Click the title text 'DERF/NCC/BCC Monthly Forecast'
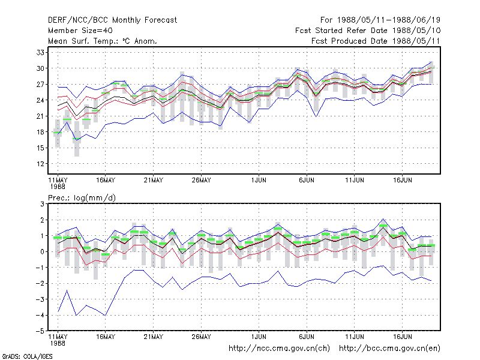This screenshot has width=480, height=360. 112,20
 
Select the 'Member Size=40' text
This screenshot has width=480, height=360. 80,31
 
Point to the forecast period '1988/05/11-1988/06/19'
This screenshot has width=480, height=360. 388,20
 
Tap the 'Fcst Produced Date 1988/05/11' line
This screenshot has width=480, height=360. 376,41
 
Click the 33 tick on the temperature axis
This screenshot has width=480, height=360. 40,53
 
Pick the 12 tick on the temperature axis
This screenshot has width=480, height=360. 40,164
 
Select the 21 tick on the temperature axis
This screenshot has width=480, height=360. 40,116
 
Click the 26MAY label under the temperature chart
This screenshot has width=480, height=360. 201,180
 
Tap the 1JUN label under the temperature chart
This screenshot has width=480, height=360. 259,180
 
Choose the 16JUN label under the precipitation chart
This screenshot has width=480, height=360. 402,337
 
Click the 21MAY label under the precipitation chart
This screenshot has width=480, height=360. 154,337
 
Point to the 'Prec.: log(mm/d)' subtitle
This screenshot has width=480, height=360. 82,198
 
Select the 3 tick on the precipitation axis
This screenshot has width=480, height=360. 42,204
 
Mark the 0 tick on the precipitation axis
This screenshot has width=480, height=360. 42,251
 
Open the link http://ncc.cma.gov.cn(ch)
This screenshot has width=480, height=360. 279,349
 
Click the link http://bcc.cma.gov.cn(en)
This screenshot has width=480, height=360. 389,349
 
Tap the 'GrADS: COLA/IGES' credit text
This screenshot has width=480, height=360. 27,356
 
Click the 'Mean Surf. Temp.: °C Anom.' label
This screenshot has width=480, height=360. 103,41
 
